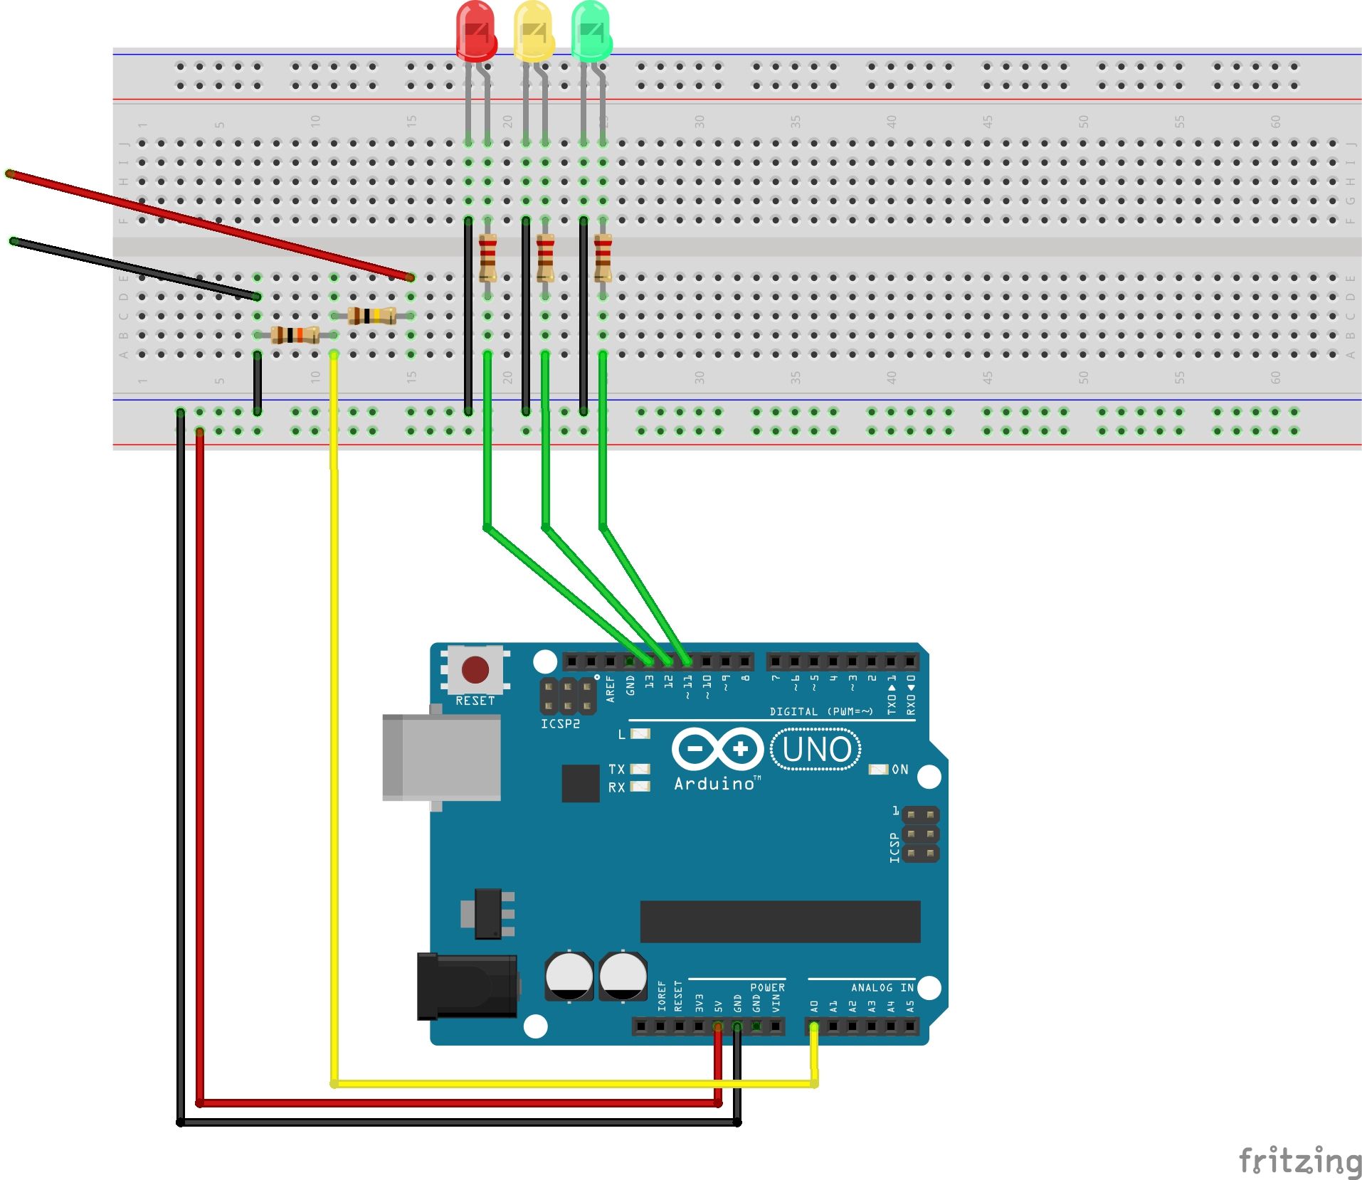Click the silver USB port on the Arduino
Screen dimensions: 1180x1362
(x=441, y=757)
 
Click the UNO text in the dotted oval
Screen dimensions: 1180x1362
(x=815, y=749)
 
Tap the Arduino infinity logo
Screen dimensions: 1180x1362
(x=717, y=748)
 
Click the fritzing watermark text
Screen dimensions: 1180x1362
(x=1299, y=1160)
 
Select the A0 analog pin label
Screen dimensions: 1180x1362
(x=814, y=1006)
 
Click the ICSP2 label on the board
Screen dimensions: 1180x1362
(x=560, y=723)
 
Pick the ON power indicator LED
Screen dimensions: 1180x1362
(x=879, y=769)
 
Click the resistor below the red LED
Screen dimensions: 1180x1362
(x=487, y=257)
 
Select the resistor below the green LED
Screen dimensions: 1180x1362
(x=603, y=257)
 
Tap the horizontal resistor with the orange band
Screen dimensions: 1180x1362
(x=295, y=334)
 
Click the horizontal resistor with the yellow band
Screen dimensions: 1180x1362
(x=371, y=315)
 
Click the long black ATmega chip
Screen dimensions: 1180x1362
(x=780, y=921)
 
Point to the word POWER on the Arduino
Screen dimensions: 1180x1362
(x=767, y=987)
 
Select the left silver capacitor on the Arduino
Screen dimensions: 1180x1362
(x=569, y=977)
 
